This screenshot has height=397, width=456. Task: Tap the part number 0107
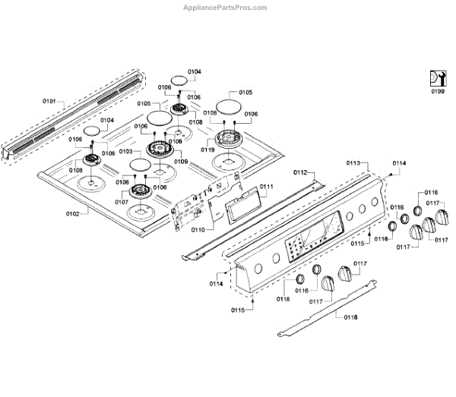click(x=122, y=203)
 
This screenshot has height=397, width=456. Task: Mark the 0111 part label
click(x=266, y=187)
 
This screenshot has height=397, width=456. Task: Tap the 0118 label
click(x=351, y=317)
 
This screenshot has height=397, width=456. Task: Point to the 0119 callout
click(x=207, y=150)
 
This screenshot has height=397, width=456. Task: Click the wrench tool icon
click(x=436, y=77)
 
